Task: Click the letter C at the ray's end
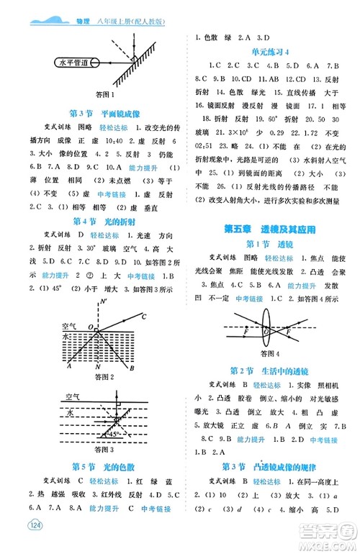point(145,317)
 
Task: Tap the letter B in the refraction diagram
point(132,368)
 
